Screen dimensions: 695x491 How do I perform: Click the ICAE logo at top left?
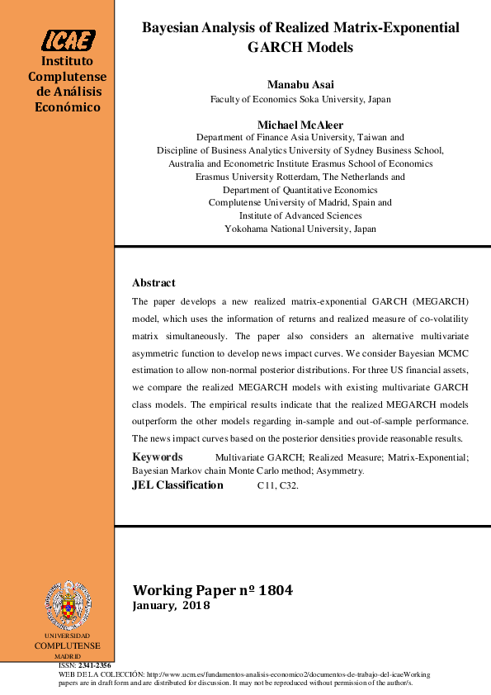[x=69, y=40]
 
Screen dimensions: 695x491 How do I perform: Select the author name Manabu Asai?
[x=300, y=85]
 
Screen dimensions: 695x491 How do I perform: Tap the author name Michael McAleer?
[x=300, y=125]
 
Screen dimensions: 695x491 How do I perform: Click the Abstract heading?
[x=153, y=282]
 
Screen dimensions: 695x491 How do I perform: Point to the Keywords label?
[x=158, y=456]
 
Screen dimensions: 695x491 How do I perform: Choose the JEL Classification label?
[x=177, y=485]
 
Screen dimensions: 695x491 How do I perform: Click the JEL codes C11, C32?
[x=278, y=486]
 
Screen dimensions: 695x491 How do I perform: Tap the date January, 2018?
[x=172, y=606]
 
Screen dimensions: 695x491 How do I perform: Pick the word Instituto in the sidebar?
[x=67, y=62]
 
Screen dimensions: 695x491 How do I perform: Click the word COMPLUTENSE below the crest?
[x=67, y=645]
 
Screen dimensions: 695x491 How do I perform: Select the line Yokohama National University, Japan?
[x=300, y=229]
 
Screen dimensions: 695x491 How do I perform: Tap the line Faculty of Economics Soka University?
[x=300, y=99]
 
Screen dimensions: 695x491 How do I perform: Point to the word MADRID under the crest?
[x=68, y=655]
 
